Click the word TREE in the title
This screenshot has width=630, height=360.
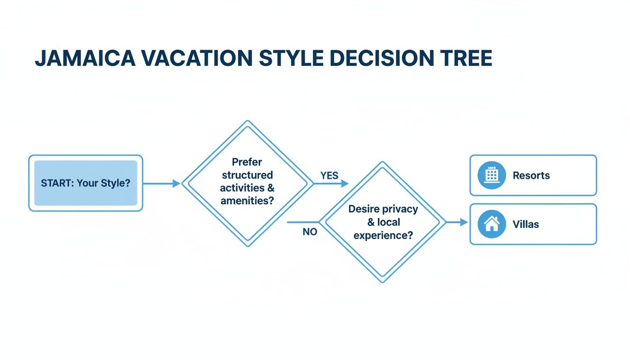(465, 58)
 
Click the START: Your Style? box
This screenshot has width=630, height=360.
(85, 183)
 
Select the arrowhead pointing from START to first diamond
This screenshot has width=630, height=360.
(176, 184)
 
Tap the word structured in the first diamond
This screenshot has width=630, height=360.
(247, 175)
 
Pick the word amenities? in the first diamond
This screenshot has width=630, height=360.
(247, 201)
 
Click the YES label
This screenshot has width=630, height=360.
(329, 175)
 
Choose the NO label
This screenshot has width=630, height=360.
(309, 232)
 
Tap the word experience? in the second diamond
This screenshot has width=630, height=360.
(383, 235)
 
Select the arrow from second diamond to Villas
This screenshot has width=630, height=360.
(457, 222)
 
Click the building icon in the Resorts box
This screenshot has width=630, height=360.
(491, 175)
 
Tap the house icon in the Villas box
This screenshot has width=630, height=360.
(491, 224)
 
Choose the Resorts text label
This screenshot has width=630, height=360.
(531, 175)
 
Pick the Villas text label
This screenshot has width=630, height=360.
(525, 224)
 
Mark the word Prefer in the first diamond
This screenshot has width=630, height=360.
(247, 162)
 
